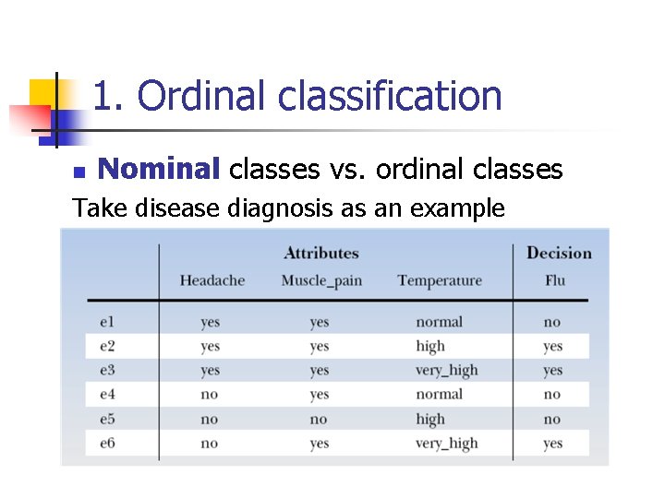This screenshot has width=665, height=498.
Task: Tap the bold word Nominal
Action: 158,170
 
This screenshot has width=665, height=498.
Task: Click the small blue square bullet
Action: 79,172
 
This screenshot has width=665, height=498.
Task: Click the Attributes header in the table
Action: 320,253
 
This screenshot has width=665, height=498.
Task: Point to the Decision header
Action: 559,253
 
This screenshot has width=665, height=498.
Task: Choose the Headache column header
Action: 212,280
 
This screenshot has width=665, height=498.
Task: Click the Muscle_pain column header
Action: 320,280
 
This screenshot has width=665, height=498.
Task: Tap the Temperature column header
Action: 440,280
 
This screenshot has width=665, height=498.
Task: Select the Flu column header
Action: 554,280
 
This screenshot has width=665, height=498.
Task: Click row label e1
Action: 107,322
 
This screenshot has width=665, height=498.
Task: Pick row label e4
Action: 107,395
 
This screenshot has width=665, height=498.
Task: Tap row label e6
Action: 107,444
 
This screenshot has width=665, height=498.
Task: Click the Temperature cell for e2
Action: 430,347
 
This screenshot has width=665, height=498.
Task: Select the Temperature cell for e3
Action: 446,371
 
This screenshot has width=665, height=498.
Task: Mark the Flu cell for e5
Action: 552,419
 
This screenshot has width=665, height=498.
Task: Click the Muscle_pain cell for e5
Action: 319,419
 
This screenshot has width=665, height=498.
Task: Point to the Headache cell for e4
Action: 210,395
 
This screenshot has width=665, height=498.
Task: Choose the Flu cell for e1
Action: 552,322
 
